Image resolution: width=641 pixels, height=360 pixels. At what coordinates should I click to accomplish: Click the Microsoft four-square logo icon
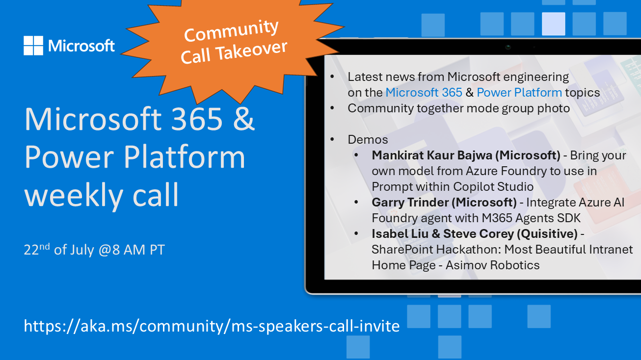click(33, 46)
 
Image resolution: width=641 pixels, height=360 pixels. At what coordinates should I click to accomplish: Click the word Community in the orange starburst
click(231, 30)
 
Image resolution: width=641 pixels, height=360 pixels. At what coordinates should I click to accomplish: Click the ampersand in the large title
click(244, 118)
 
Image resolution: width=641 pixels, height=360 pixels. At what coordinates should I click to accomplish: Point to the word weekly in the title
click(74, 195)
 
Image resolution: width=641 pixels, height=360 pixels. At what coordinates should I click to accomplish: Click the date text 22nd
click(37, 249)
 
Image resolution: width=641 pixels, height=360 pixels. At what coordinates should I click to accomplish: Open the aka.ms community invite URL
click(212, 326)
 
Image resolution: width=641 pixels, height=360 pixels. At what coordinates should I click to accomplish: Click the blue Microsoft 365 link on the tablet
click(424, 92)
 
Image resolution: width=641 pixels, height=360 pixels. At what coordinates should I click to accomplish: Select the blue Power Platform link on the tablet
click(519, 92)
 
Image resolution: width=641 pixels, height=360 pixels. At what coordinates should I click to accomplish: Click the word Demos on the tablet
click(368, 140)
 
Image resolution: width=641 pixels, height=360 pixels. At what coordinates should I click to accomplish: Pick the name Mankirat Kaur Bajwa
click(431, 155)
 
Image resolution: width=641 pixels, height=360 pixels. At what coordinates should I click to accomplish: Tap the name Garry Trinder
click(410, 202)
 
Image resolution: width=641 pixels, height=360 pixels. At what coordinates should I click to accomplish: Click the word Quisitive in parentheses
click(547, 234)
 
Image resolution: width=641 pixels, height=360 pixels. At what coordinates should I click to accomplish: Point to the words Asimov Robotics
click(492, 265)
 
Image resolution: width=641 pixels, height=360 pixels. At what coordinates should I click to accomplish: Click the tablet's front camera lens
click(508, 47)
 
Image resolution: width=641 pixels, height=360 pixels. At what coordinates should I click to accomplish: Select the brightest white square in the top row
click(554, 24)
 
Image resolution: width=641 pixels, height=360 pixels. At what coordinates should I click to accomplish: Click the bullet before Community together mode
click(332, 108)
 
